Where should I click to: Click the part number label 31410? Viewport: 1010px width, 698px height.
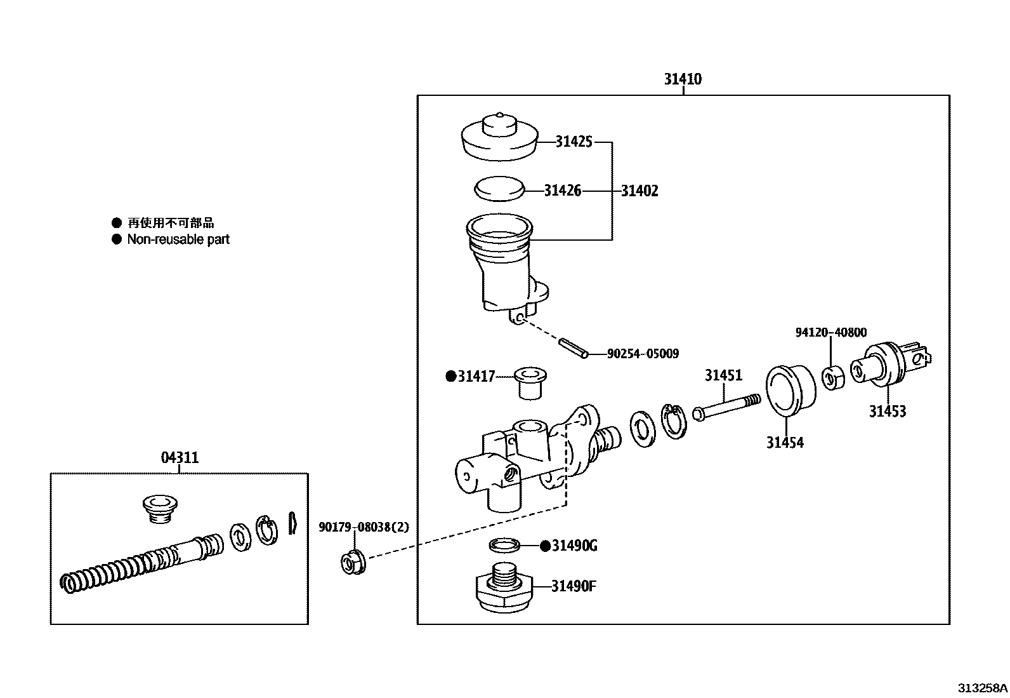click(683, 79)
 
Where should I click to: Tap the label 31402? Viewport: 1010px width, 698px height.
click(639, 191)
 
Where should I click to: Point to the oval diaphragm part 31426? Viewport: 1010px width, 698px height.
click(499, 189)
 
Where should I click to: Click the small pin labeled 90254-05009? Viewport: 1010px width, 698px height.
click(574, 348)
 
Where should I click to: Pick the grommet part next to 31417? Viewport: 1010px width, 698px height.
click(530, 383)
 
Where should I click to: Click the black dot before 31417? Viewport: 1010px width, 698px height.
click(451, 376)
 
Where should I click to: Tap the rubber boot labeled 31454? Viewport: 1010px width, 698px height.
click(791, 389)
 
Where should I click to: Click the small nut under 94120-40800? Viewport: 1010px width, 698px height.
click(834, 379)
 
